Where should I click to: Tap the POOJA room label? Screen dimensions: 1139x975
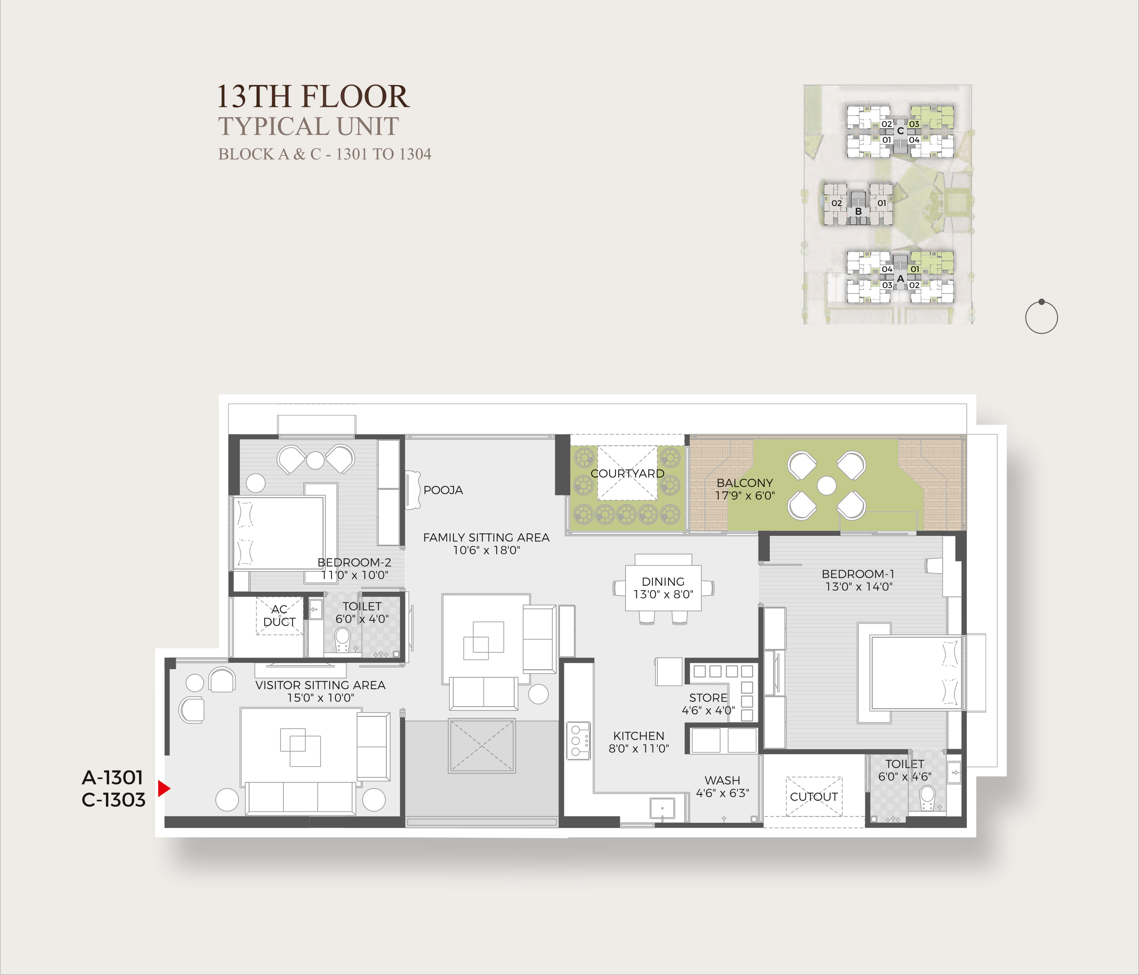point(443,490)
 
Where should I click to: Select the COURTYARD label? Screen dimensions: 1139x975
point(627,474)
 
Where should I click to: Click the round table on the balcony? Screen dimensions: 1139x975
point(827,486)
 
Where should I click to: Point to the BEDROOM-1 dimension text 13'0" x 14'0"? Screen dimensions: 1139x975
point(859,587)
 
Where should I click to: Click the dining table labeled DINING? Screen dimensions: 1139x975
point(663,588)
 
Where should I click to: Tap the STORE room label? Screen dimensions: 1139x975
point(708,698)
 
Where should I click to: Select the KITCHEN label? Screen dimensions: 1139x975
point(639,735)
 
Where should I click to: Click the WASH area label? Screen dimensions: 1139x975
point(722,780)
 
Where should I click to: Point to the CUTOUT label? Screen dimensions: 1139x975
point(814,797)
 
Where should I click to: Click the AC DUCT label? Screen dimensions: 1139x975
point(279,616)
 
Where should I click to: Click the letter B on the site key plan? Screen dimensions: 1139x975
point(858,212)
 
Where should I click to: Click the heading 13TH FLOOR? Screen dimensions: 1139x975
point(313,96)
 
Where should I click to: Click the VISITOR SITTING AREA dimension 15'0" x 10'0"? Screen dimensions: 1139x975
point(321,698)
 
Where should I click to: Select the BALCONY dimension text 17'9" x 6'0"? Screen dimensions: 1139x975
point(745,495)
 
